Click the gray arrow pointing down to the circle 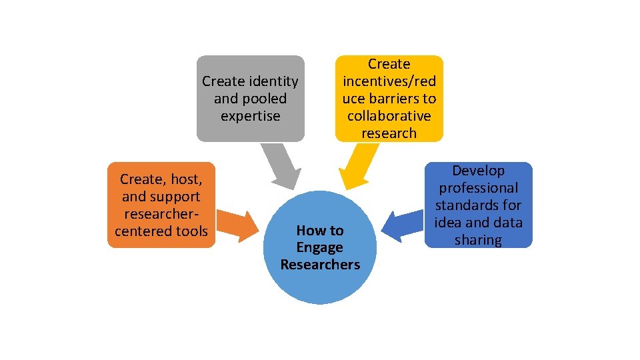pos(281,165)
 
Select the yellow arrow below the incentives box pos(357,167)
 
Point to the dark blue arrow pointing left pos(403,225)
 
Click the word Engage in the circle pos(320,247)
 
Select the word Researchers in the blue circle pos(320,265)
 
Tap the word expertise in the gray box pos(250,116)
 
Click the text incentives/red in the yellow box pos(389,81)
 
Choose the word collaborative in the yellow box pos(389,116)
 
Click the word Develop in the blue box pos(478,171)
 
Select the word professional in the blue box pos(478,188)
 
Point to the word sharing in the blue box pos(478,240)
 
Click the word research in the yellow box pos(389,133)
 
